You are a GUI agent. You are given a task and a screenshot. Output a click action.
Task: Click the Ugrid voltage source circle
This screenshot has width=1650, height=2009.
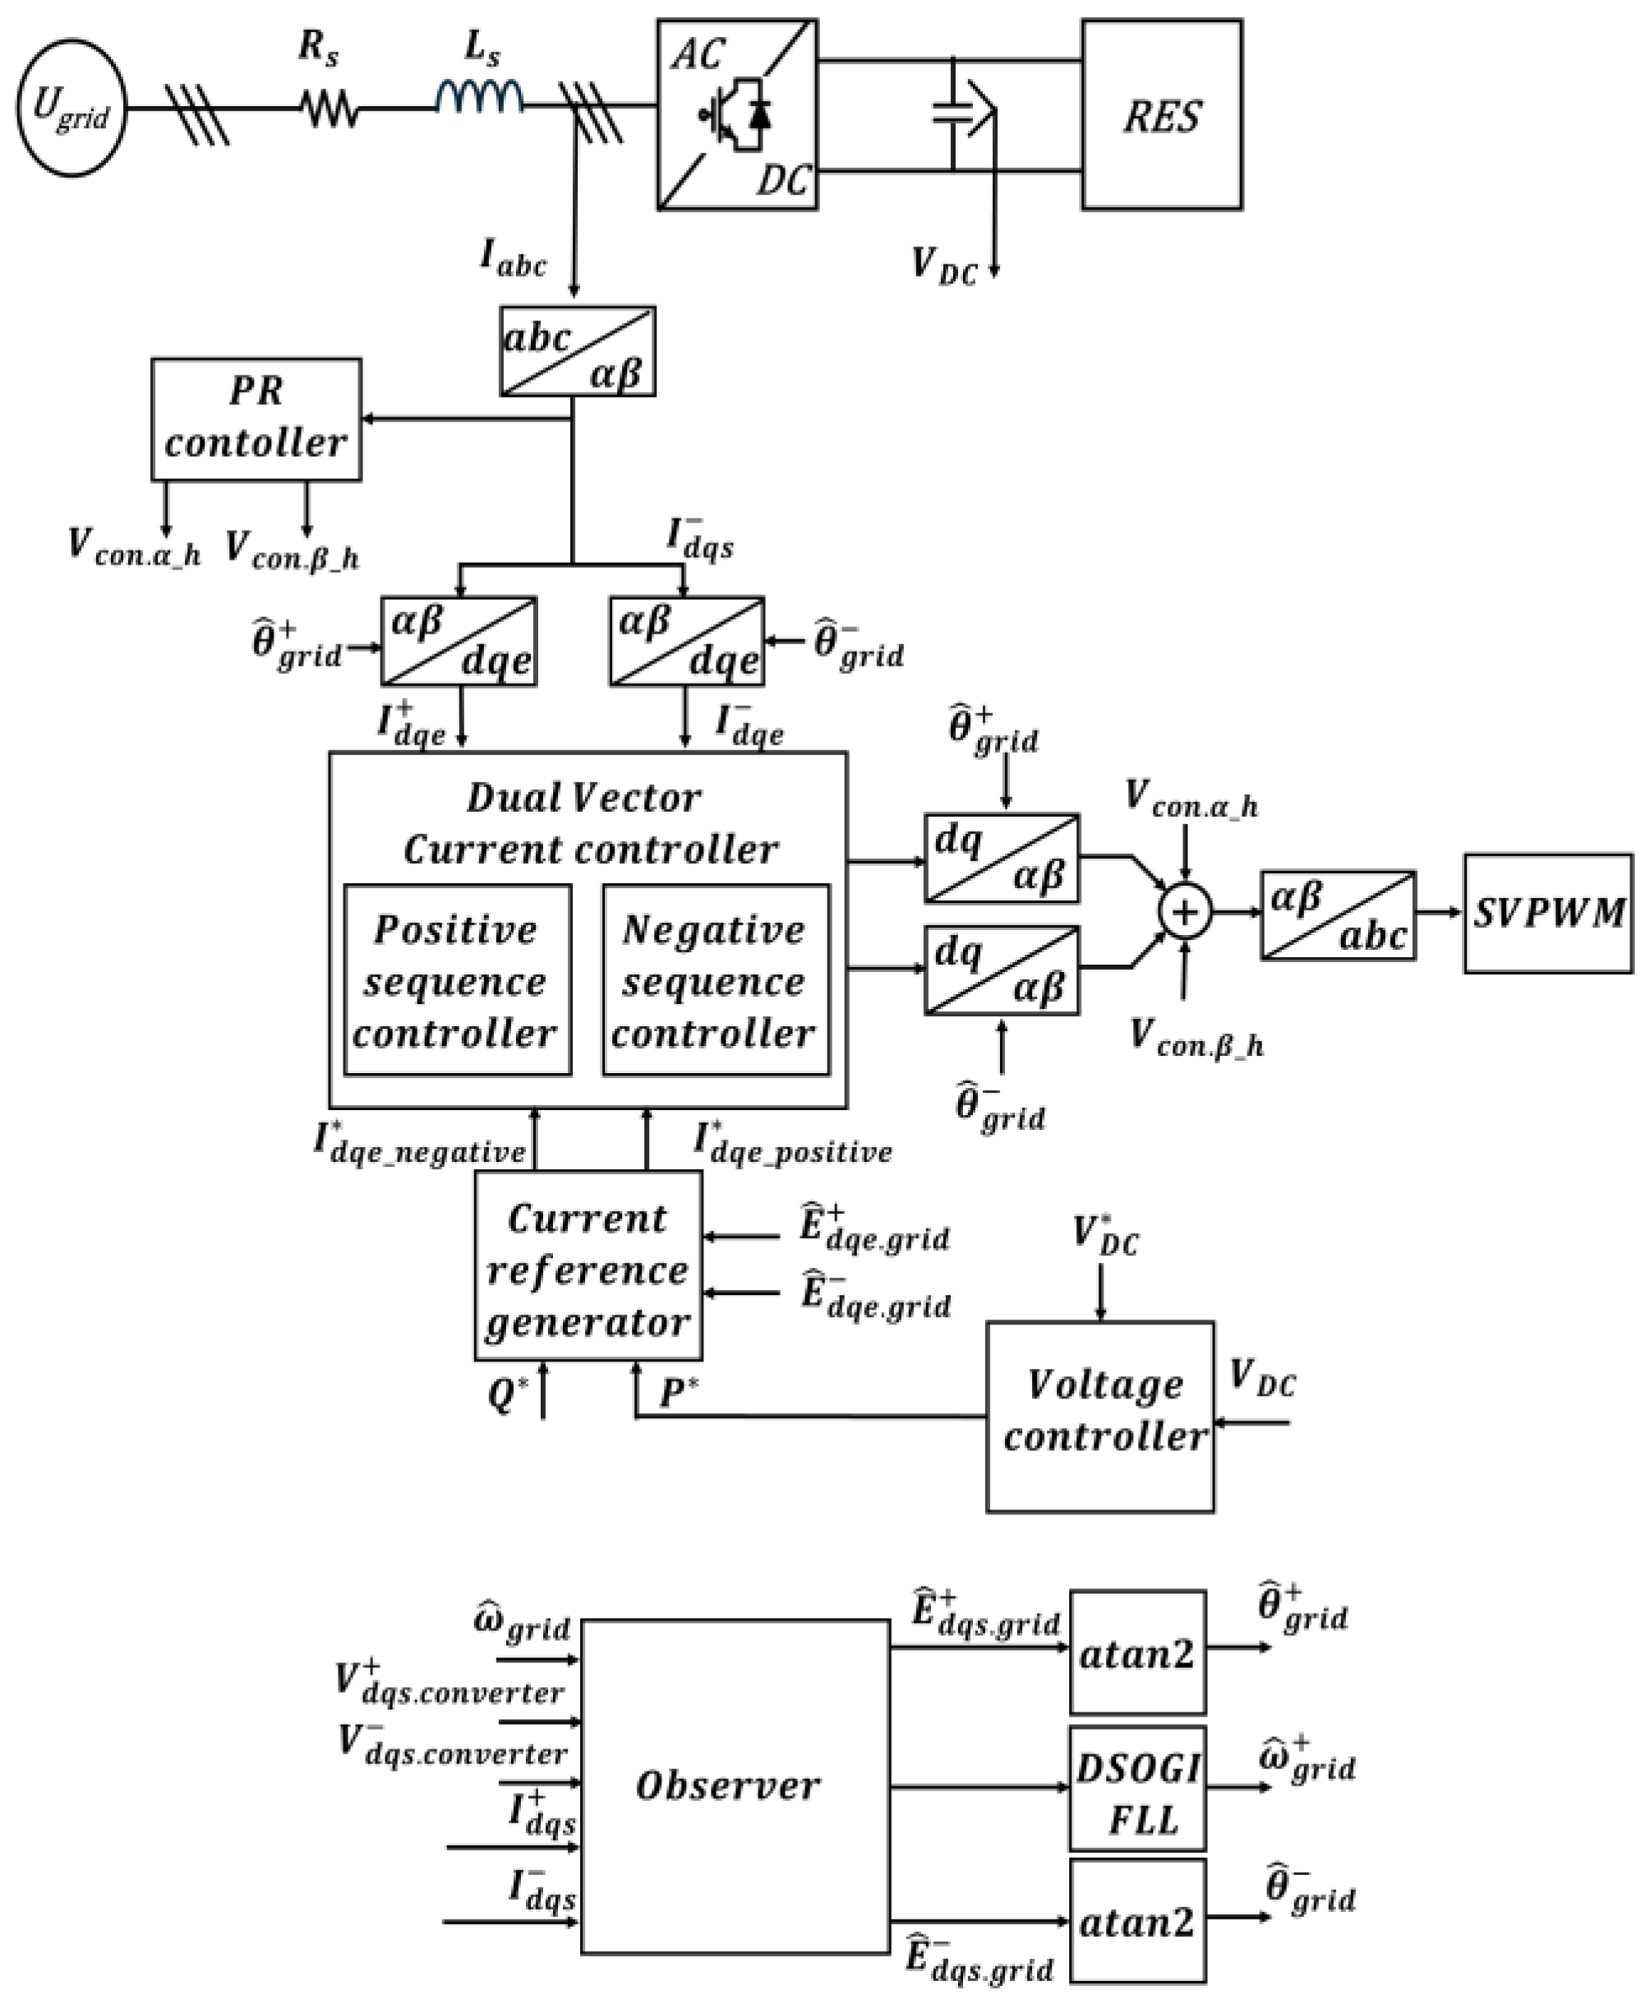[x=71, y=108]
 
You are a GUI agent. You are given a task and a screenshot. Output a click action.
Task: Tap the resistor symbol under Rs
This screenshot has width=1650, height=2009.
[x=330, y=108]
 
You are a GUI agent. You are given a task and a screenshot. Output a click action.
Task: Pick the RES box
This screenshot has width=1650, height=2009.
[x=1161, y=114]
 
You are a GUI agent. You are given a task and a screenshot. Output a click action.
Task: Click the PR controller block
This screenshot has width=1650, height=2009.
[x=256, y=419]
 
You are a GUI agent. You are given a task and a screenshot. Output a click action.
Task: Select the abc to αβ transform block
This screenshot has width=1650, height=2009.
[x=578, y=351]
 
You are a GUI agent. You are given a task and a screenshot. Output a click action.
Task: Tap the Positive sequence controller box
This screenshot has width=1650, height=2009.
[x=457, y=979]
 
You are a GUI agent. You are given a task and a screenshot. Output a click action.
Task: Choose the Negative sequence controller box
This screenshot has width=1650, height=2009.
[x=716, y=979]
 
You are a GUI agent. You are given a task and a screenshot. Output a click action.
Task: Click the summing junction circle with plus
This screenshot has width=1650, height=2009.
[x=1184, y=912]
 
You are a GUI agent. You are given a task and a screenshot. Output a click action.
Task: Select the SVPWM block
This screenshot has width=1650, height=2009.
[x=1548, y=913]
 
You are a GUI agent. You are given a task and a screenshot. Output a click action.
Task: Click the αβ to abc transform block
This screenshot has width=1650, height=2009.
[x=1339, y=915]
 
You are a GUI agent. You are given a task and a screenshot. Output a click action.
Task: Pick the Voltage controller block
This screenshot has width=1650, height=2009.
[x=1100, y=1416]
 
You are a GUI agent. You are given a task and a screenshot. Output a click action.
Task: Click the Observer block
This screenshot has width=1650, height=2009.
[x=735, y=1786]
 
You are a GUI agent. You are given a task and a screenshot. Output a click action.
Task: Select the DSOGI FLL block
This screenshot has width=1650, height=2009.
[x=1138, y=1789]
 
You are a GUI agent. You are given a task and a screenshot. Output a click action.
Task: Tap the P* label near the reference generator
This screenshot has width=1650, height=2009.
[x=679, y=1394]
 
